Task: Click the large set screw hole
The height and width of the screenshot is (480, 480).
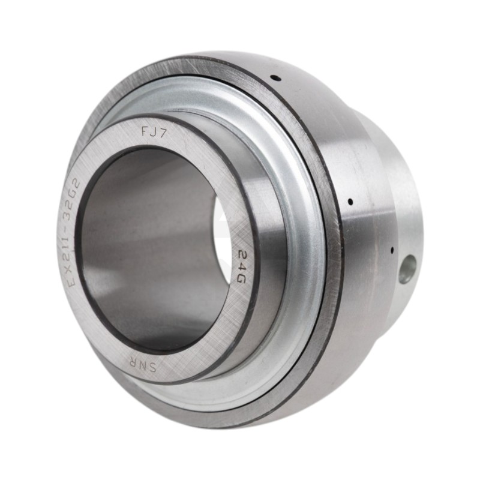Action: pyautogui.click(x=406, y=268)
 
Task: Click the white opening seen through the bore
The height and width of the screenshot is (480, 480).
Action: pyautogui.click(x=223, y=240)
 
